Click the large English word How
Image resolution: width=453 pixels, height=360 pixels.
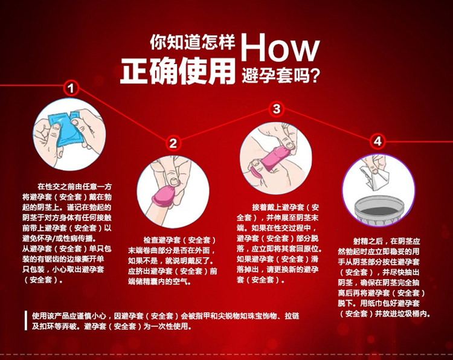click(280, 47)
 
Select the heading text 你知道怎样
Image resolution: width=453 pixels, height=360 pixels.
click(193, 42)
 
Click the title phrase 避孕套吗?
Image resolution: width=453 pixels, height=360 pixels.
click(281, 76)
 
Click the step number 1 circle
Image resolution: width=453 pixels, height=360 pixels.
click(71, 88)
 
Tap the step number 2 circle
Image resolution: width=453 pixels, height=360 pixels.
click(173, 143)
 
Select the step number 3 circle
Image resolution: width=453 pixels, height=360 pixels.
click(277, 109)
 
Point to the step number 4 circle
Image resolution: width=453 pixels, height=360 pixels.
click(377, 141)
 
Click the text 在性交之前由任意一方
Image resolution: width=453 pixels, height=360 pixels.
click(74, 187)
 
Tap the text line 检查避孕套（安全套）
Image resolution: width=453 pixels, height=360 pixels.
click(180, 240)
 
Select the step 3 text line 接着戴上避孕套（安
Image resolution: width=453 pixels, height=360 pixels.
click(286, 207)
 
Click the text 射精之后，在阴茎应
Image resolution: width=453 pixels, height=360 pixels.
click(387, 241)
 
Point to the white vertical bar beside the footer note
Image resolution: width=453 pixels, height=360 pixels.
click(26, 320)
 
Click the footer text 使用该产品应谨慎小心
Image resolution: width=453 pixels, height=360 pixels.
click(69, 316)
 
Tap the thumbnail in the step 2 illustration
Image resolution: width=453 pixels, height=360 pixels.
click(173, 181)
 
